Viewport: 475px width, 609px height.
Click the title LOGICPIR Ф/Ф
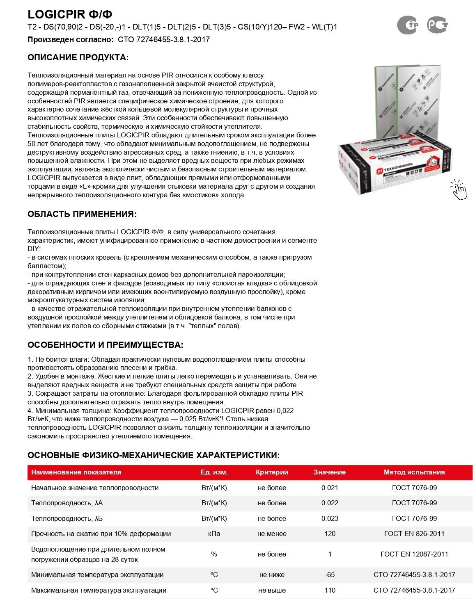pos(70,14)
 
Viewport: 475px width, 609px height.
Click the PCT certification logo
pos(438,25)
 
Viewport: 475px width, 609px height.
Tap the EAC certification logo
pos(408,25)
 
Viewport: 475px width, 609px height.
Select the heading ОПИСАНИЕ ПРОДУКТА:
pos(78,57)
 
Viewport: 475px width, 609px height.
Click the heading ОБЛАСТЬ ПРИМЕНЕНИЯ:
pos(82,214)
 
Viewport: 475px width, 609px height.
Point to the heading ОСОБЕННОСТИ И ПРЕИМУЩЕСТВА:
pos(105,345)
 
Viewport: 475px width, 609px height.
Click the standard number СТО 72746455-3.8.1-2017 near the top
pos(164,40)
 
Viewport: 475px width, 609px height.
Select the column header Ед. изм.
pos(214,472)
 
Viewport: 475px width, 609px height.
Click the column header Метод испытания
pos(414,472)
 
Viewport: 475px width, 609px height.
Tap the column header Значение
pos(330,472)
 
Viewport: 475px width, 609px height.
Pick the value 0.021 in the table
pos(330,488)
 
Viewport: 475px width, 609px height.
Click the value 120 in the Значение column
pos(330,534)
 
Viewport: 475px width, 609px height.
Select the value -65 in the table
pos(330,575)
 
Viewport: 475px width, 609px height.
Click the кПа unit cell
pos(214,534)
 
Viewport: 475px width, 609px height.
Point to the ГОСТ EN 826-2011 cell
pos(414,534)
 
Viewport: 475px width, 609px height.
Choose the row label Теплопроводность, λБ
pos(67,518)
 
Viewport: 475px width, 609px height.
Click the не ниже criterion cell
pos(272,575)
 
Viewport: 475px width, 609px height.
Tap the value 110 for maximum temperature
pos(330,590)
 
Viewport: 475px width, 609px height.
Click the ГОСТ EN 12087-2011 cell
pos(414,554)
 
